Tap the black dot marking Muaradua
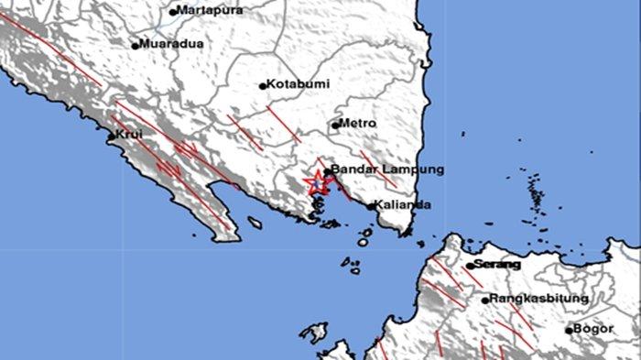point(135,45)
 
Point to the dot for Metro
point(336,124)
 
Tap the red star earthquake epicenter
point(316,181)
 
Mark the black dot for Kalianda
point(371,207)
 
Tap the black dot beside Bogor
point(569,330)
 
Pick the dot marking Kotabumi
point(263,86)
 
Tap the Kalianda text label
point(404,205)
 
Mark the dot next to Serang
point(469,267)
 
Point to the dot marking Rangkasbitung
point(485,300)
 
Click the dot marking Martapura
point(172,13)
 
